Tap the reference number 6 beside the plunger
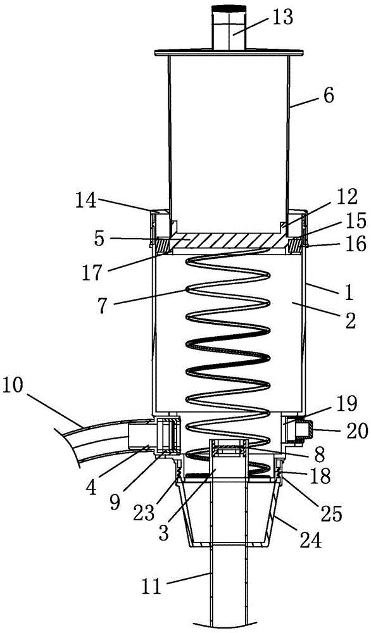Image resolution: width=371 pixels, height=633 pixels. [329, 97]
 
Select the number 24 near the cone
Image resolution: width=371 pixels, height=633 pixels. [310, 540]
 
